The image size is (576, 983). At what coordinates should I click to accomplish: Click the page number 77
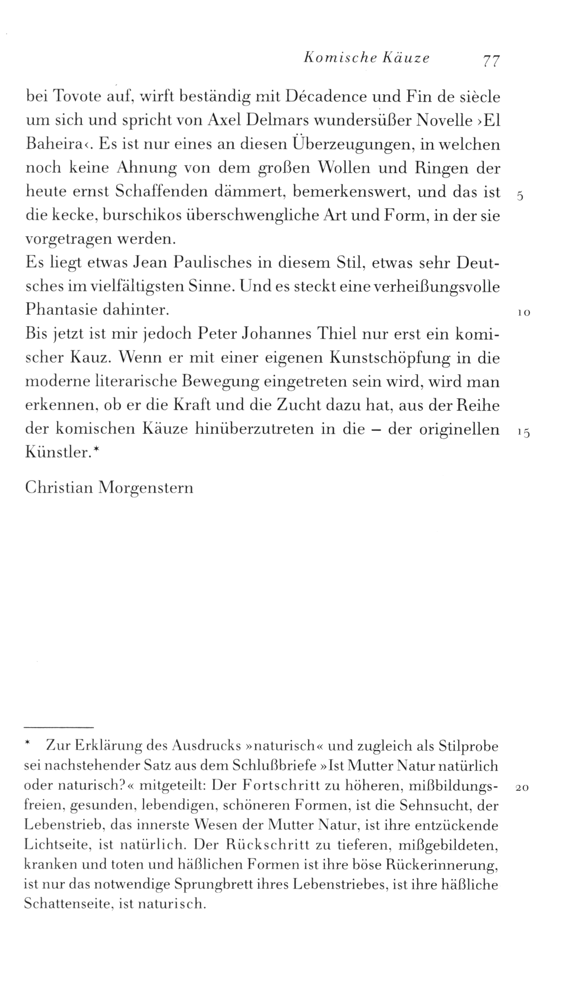[x=491, y=60]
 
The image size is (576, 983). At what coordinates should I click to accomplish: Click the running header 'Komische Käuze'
[x=366, y=58]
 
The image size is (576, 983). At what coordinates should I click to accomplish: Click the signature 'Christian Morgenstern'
[x=110, y=488]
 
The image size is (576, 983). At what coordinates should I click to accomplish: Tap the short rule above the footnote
[x=59, y=727]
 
